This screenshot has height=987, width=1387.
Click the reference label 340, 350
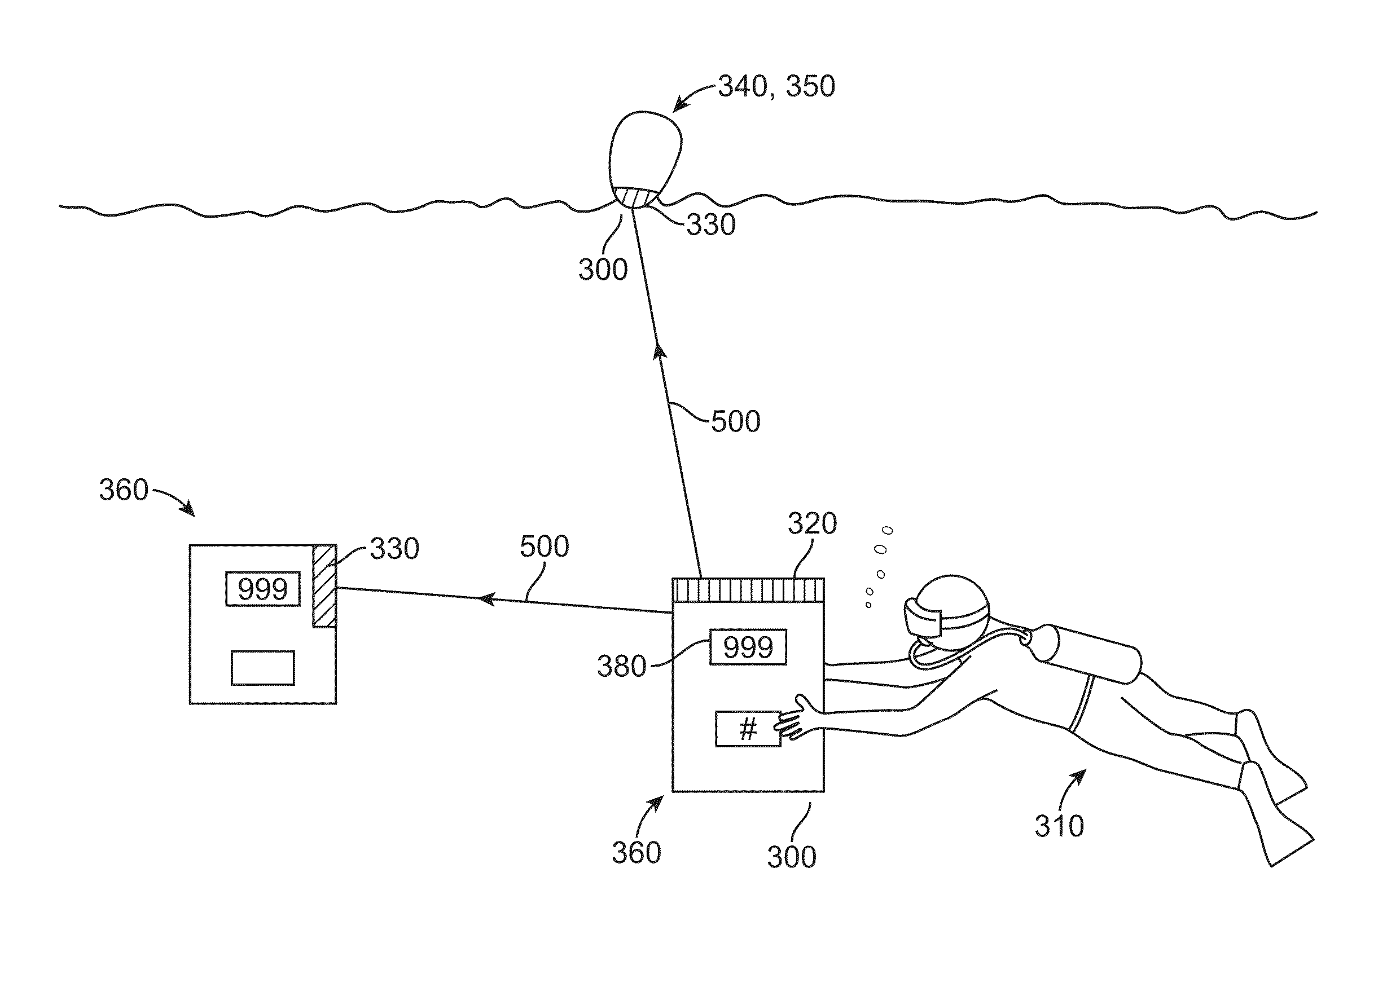pos(776,86)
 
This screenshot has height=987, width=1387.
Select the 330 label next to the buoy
pos(711,225)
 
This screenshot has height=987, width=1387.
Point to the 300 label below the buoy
pos(603,269)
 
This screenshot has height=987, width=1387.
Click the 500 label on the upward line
pos(736,421)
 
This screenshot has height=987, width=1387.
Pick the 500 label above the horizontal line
pos(544,547)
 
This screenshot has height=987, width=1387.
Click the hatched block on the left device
pos(324,585)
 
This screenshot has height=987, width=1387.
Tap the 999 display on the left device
pos(263,588)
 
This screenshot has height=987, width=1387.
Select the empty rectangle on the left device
pos(263,668)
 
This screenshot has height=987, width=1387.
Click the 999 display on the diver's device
pos(748,647)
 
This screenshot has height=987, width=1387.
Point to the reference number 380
pos(621,666)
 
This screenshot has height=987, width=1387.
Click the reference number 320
pos(813,523)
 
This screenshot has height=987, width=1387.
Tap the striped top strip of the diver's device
pos(748,589)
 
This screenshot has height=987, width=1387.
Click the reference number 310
pos(1059,826)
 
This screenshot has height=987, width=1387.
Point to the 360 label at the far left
pos(124,490)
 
